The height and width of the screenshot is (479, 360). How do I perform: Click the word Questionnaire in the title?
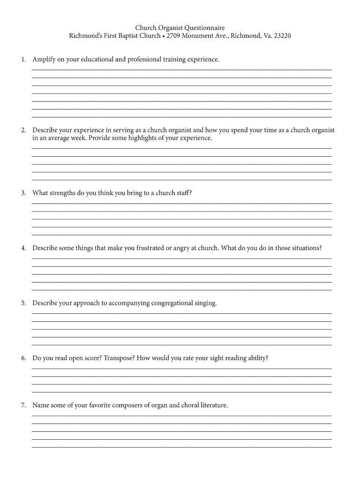click(205, 28)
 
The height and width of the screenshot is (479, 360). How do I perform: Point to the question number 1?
click(23, 59)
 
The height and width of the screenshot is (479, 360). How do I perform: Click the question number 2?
click(23, 130)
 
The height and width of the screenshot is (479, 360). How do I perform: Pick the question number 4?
click(23, 248)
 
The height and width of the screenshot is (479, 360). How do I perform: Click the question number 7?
click(23, 405)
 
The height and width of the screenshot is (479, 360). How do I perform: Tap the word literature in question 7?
click(211, 405)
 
